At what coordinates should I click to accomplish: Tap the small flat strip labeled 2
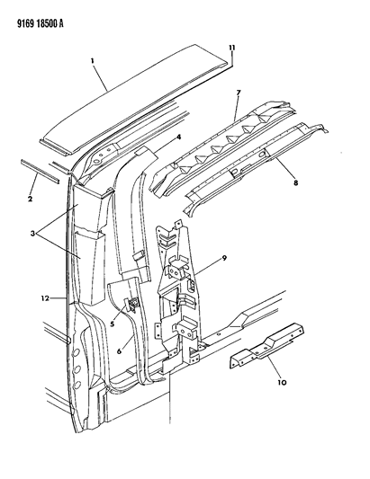(x=40, y=171)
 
